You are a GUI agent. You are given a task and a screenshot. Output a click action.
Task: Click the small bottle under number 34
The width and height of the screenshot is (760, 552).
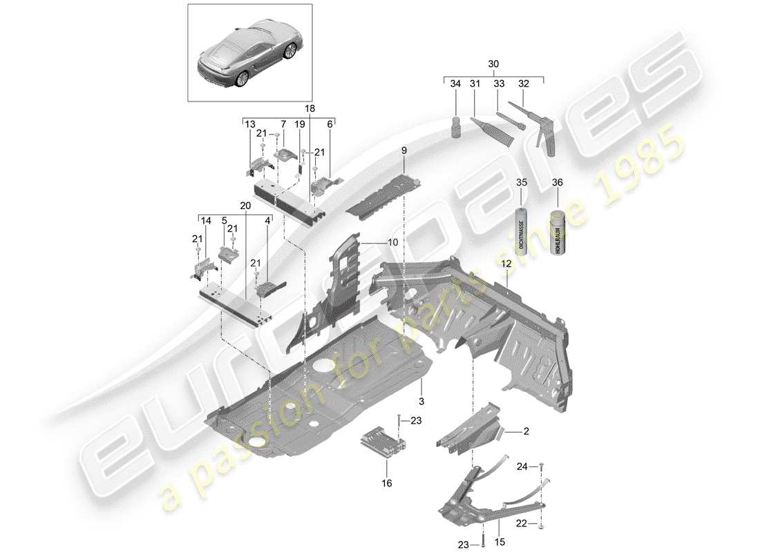coord(456,128)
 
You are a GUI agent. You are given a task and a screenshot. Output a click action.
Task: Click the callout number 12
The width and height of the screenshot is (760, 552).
coord(506,263)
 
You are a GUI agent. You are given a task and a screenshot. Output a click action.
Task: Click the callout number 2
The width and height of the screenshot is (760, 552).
coord(526,431)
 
